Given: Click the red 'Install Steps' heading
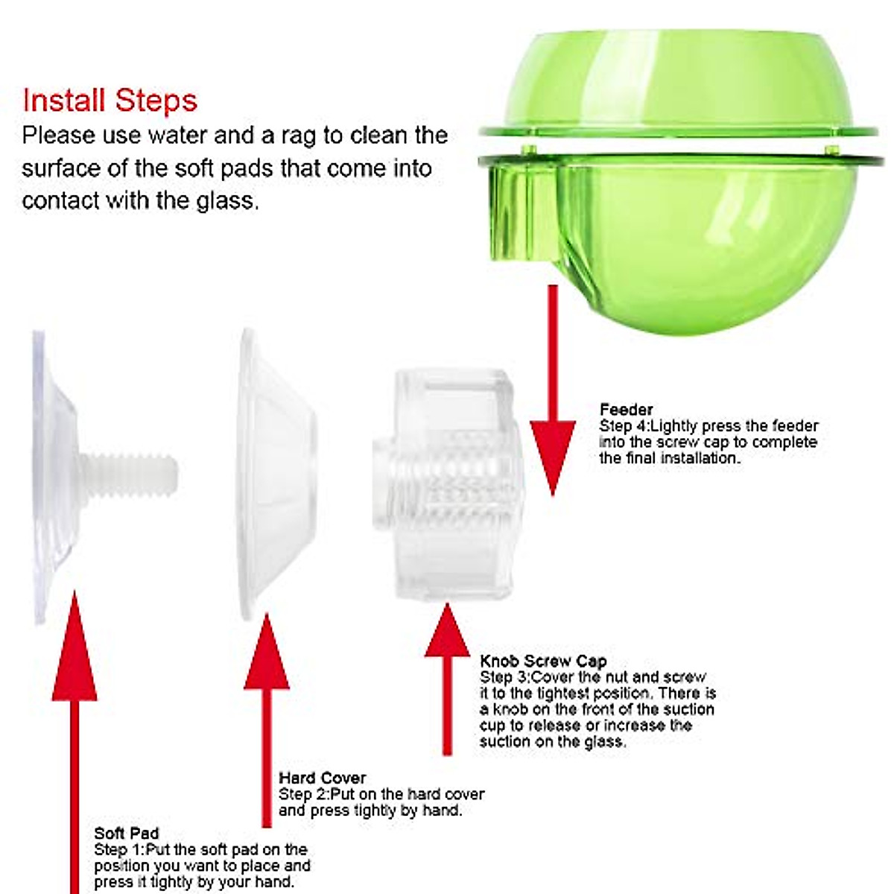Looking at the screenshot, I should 110,101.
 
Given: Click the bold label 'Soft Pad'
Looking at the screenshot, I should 126,833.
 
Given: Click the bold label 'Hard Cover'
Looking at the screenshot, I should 322,779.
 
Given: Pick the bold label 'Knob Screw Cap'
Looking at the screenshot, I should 543,661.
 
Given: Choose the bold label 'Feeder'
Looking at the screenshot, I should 626,409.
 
